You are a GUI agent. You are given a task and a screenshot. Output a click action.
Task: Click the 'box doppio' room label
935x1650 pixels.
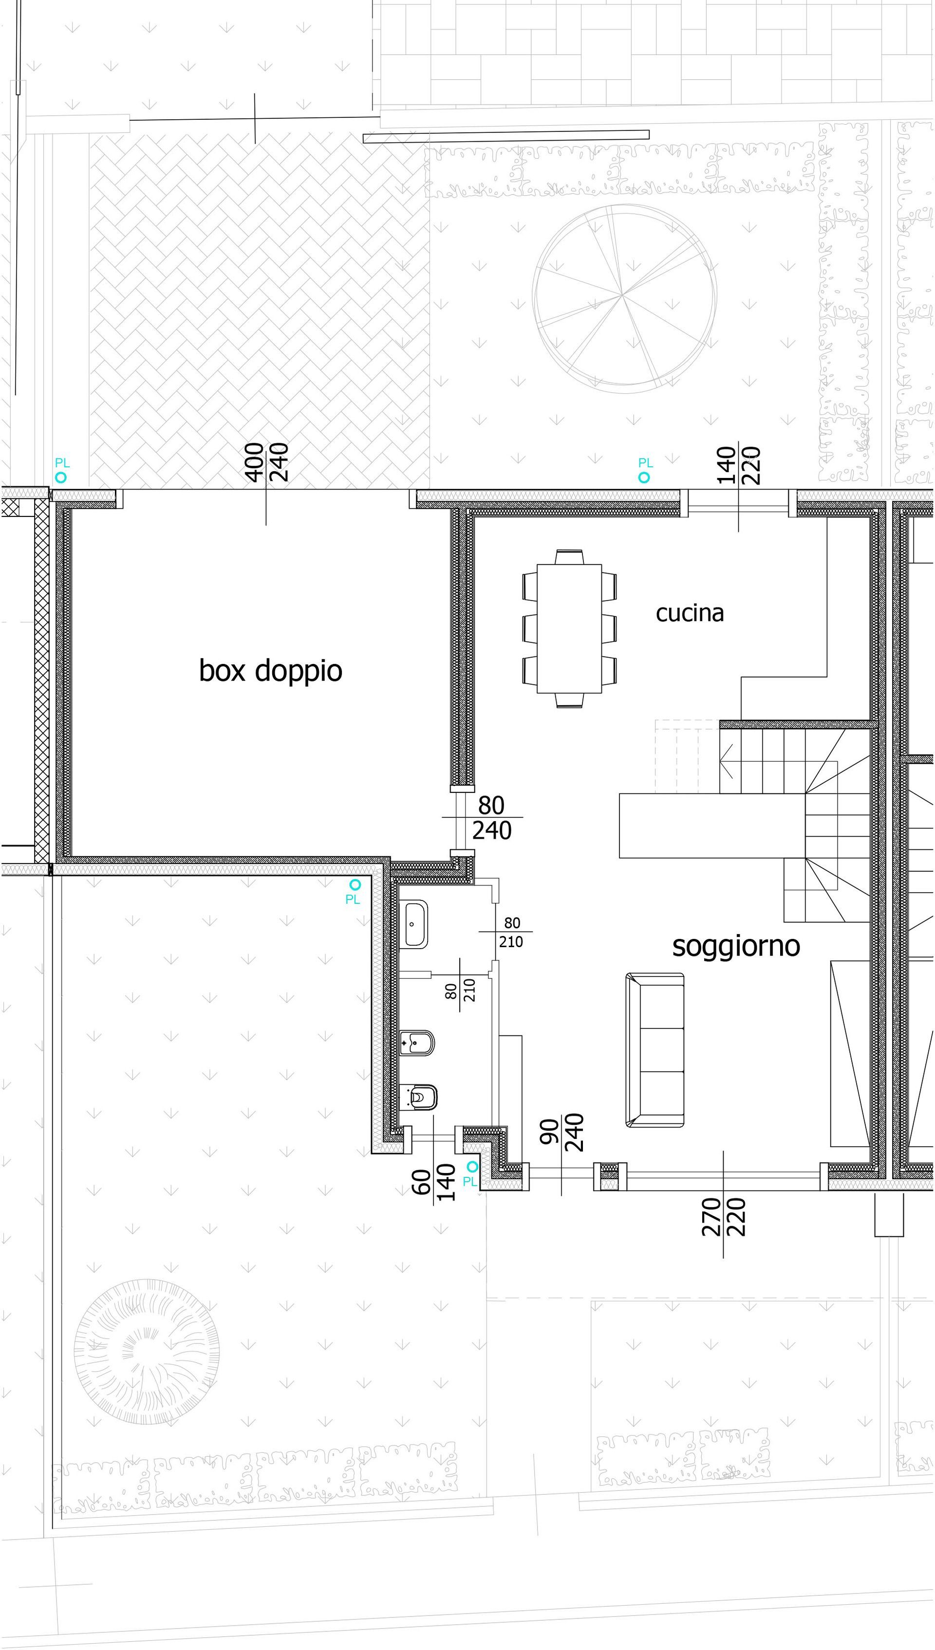270,671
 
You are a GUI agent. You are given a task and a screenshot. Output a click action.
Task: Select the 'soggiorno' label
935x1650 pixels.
736,946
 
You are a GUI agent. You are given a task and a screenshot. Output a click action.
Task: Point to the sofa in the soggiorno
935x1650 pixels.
655,1050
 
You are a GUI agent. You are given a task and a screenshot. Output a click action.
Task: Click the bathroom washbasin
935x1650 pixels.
416,924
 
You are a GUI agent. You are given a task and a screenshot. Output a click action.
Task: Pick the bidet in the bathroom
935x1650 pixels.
417,1043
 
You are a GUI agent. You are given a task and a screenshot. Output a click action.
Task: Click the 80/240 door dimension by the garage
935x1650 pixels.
491,818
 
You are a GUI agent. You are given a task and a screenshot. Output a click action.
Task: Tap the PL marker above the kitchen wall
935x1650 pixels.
644,470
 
